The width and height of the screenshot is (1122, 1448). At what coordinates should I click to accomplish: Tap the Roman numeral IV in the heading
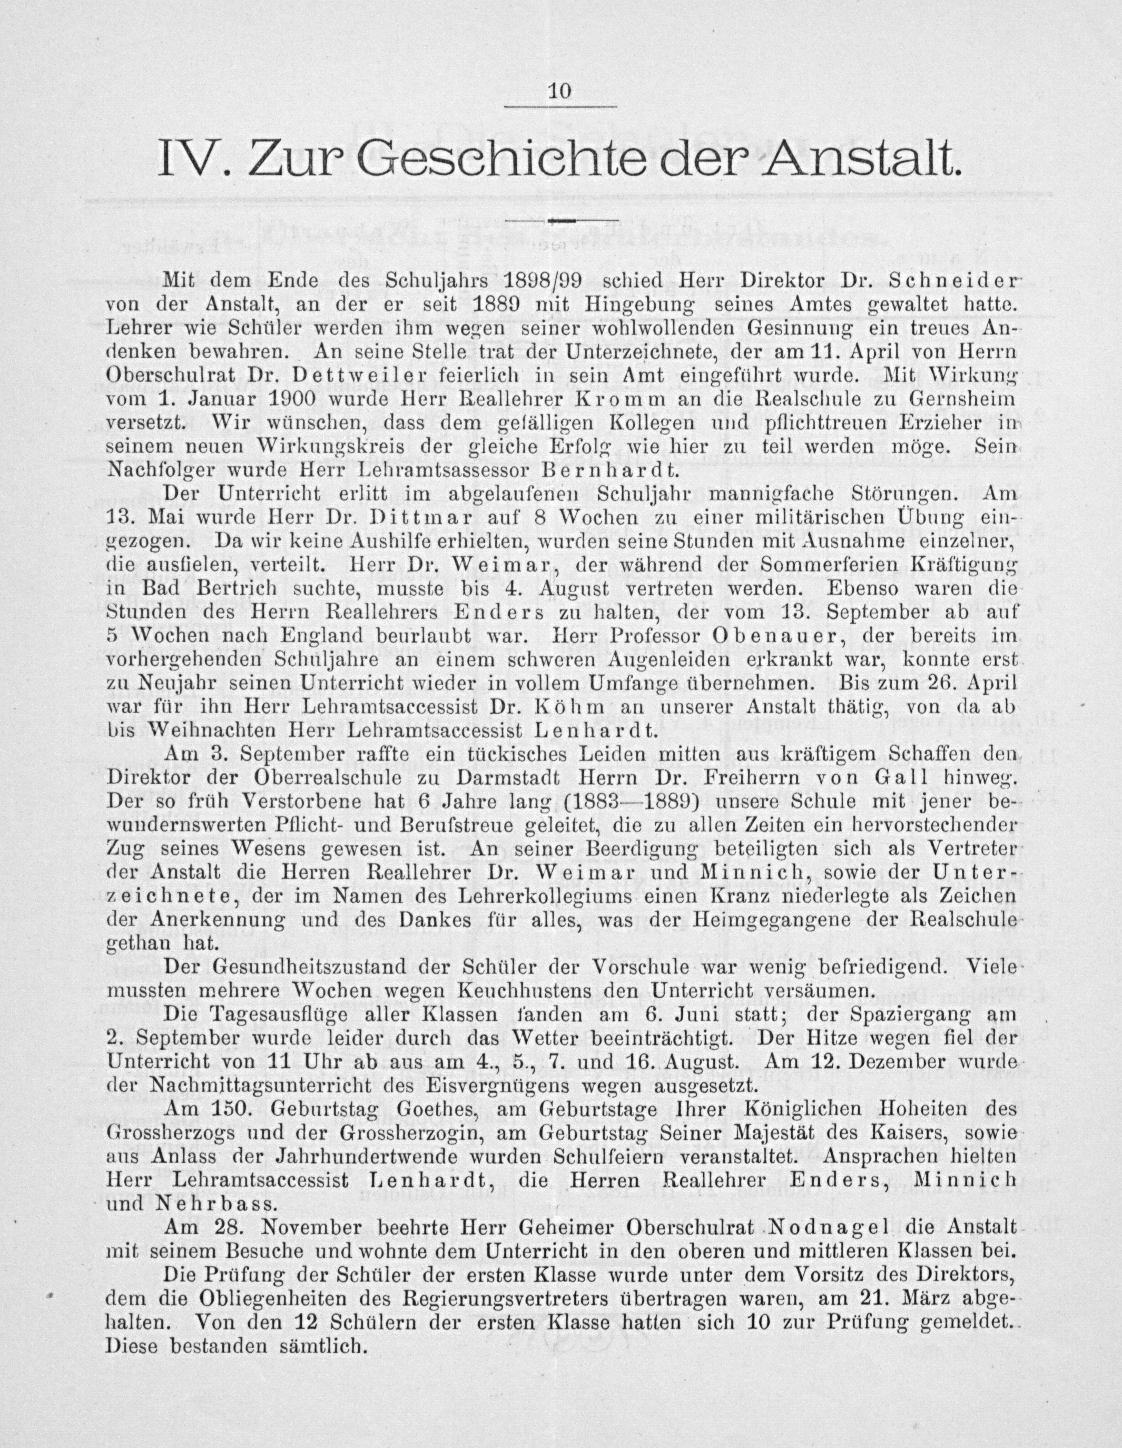187,159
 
